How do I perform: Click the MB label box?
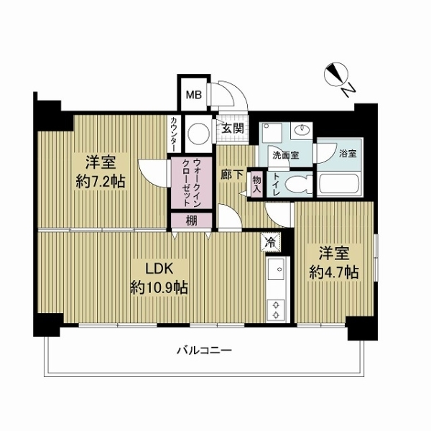[193, 94]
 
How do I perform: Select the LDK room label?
[157, 271]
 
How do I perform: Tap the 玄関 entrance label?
[232, 130]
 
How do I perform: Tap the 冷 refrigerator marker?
[270, 242]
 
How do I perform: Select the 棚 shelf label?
[191, 221]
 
